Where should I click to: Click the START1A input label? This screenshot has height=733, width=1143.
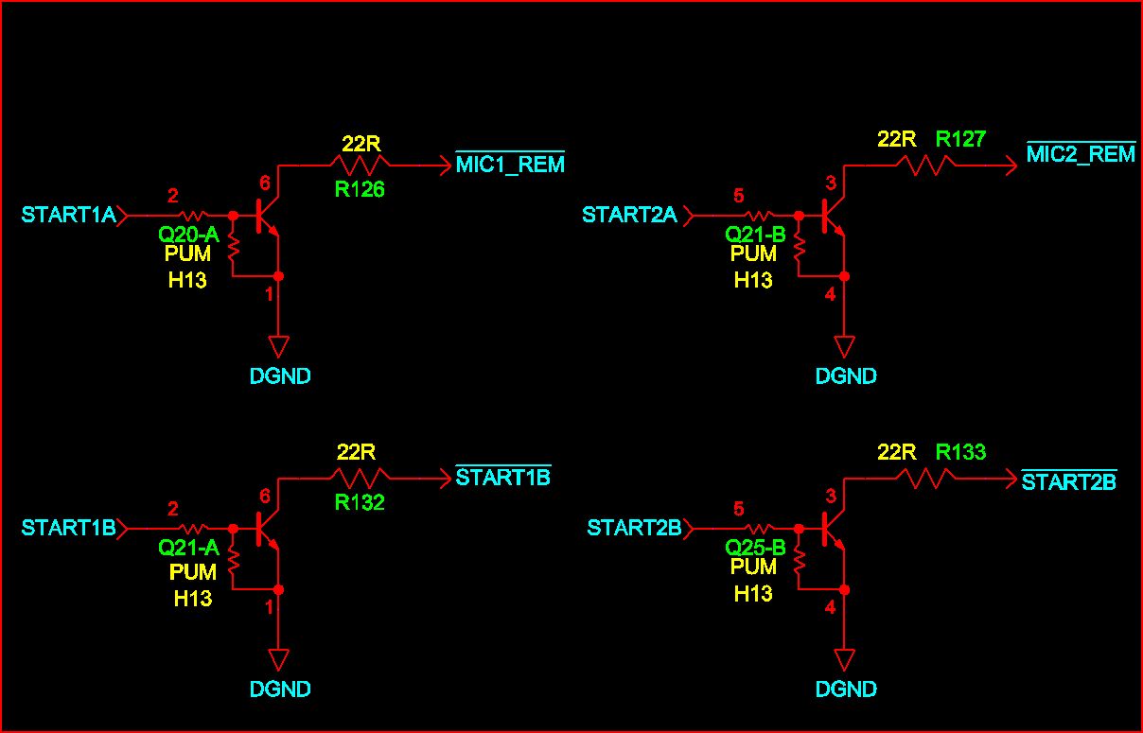point(68,216)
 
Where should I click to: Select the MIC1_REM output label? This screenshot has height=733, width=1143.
point(510,165)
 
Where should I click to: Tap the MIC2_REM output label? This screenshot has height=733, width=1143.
point(1081,154)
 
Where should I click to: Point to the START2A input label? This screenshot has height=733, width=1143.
point(629,216)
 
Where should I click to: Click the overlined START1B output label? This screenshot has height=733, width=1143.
point(502,478)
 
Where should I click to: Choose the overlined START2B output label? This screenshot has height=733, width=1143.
point(1069,481)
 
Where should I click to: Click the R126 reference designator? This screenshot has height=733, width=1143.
point(360,189)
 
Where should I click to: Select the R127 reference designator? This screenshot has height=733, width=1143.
point(960,140)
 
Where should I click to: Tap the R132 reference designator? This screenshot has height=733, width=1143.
point(360,502)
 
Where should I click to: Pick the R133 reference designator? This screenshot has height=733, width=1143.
point(960,453)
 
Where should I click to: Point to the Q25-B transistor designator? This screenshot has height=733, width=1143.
point(755,547)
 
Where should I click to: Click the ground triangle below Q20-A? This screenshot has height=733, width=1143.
point(278,344)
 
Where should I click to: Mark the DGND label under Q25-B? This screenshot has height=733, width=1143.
point(846,689)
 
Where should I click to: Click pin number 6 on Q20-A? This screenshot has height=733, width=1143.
point(264,183)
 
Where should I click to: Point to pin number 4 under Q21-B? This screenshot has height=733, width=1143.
point(830,294)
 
